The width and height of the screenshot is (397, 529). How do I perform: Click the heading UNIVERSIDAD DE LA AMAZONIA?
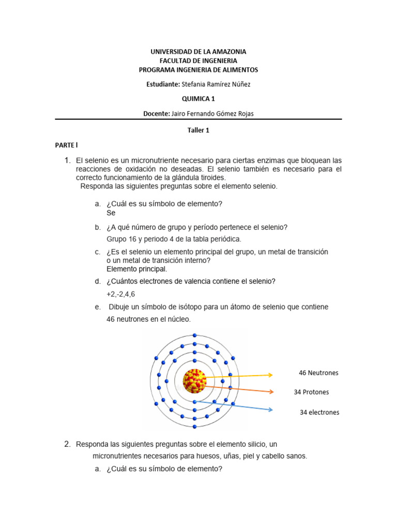(x=198, y=52)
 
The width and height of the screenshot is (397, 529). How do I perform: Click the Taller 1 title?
(x=198, y=131)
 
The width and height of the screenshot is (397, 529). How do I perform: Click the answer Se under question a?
(x=111, y=213)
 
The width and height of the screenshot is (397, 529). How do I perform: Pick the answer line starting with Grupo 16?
(x=174, y=239)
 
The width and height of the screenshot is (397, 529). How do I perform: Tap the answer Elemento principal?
(x=137, y=269)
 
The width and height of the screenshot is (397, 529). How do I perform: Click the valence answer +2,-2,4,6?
(x=120, y=294)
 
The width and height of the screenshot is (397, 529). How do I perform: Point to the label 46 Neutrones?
(x=318, y=373)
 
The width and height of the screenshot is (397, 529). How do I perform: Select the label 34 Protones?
(x=311, y=392)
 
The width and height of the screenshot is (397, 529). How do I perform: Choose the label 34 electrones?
(x=319, y=412)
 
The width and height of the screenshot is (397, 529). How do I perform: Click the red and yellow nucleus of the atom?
(x=194, y=381)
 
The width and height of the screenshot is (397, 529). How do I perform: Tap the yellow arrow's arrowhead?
(x=270, y=376)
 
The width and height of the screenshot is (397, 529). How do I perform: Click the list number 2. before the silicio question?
(x=67, y=444)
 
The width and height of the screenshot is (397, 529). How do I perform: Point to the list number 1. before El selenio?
(x=67, y=161)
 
